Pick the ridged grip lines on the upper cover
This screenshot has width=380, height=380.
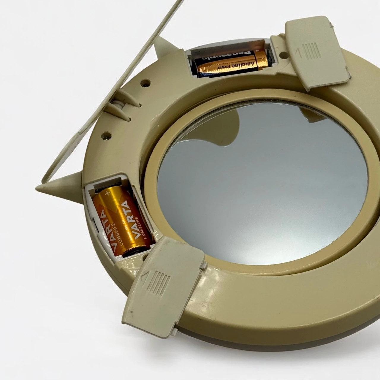(312, 50)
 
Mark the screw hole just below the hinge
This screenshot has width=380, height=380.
(106, 136)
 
